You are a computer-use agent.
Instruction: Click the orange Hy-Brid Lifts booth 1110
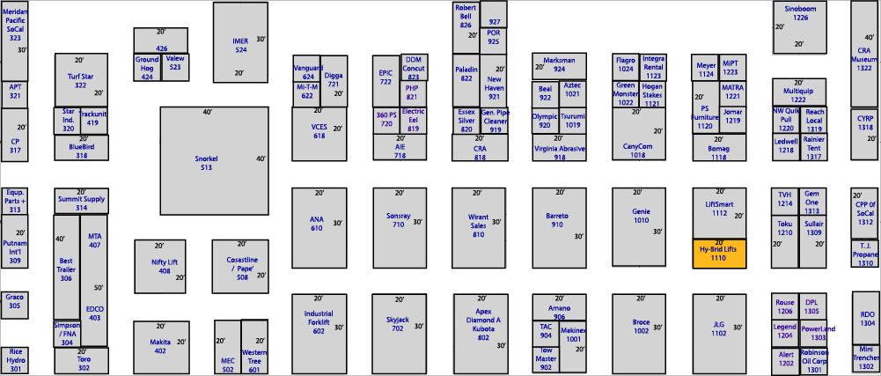click(719, 254)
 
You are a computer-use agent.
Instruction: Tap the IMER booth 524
click(240, 42)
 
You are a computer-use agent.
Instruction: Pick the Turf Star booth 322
click(81, 80)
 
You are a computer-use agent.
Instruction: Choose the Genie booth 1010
click(639, 227)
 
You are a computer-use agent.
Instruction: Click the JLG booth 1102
click(719, 334)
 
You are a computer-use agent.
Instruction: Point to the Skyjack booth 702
click(400, 334)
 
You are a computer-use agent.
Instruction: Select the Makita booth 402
click(160, 347)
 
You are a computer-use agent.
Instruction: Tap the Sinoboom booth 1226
click(799, 27)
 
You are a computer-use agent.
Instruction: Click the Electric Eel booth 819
click(414, 121)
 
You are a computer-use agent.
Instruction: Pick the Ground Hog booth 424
click(147, 68)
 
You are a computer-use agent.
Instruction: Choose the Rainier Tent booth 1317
click(813, 147)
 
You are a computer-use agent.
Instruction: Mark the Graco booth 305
click(14, 306)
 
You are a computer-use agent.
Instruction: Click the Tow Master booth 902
click(546, 359)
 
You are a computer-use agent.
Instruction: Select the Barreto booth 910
click(559, 227)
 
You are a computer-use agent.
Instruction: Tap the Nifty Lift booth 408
click(160, 267)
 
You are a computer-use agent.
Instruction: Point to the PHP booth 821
click(413, 94)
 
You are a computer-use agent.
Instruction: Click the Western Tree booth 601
click(254, 347)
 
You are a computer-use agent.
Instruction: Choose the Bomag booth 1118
click(719, 147)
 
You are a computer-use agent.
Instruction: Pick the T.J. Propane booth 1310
click(864, 254)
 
